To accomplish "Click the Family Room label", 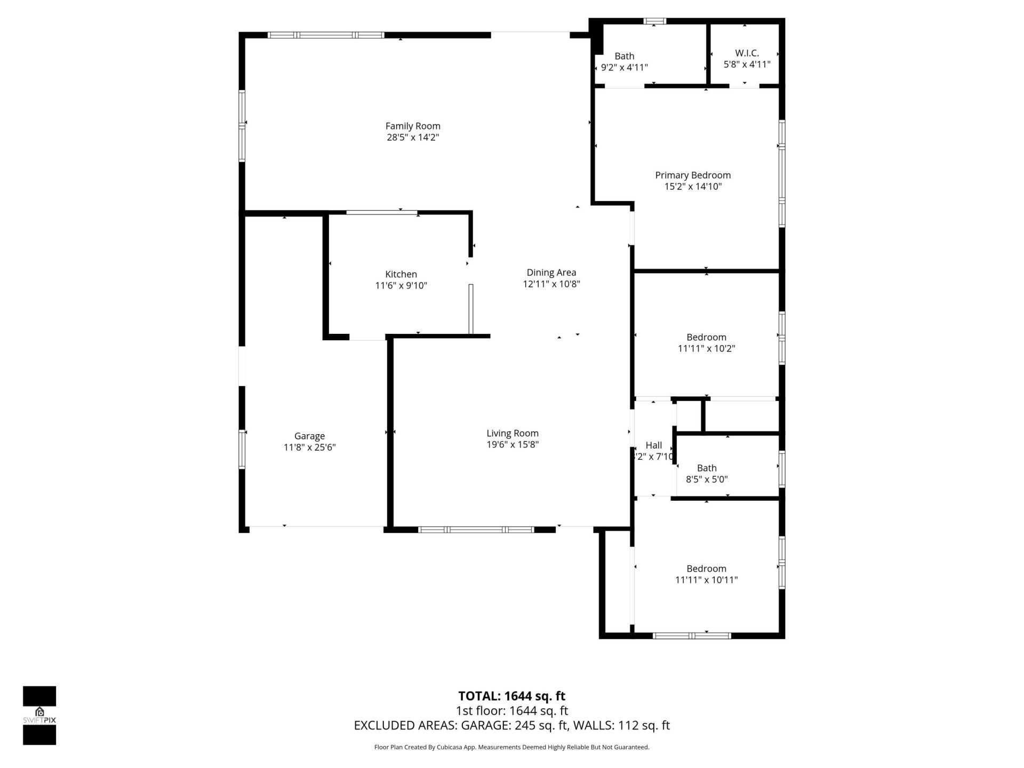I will pyautogui.click(x=413, y=126).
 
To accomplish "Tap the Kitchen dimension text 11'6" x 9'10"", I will pyautogui.click(x=401, y=286).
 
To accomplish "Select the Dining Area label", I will pyautogui.click(x=551, y=273).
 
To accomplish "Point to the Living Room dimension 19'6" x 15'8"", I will pyautogui.click(x=513, y=445).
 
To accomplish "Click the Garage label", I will pyautogui.click(x=309, y=436).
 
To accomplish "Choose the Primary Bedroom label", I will pyautogui.click(x=693, y=175).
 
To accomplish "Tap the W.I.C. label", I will pyautogui.click(x=747, y=53).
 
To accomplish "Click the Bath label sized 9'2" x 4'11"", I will pyautogui.click(x=625, y=57).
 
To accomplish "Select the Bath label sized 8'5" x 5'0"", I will pyautogui.click(x=707, y=468).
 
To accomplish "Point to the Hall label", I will pyautogui.click(x=654, y=445).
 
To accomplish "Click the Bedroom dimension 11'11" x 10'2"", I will pyautogui.click(x=706, y=349).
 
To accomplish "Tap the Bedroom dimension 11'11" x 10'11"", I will pyautogui.click(x=706, y=580).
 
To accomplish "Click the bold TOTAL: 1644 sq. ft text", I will pyautogui.click(x=511, y=696).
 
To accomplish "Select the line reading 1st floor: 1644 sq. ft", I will pyautogui.click(x=511, y=711).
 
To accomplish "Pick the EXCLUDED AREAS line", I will pyautogui.click(x=511, y=725).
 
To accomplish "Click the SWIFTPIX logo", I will pyautogui.click(x=39, y=715).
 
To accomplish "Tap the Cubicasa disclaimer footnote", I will pyautogui.click(x=511, y=747).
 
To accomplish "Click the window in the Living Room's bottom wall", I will pyautogui.click(x=476, y=530).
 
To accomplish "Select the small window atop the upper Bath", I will pyautogui.click(x=654, y=21).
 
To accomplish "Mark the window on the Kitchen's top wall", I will pyautogui.click(x=381, y=213).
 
